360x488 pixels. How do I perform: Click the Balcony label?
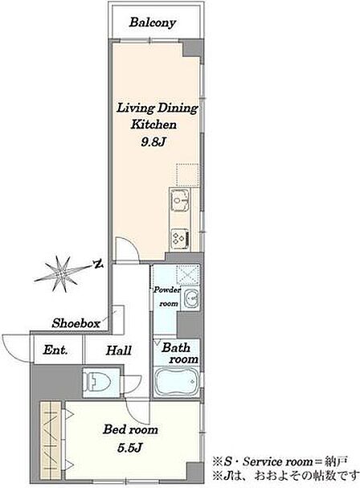click(x=153, y=23)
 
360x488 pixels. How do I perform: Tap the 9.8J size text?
click(x=153, y=142)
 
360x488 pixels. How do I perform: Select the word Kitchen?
click(x=153, y=125)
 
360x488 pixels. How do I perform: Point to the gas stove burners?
click(x=180, y=239)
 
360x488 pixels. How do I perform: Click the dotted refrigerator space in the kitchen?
click(x=188, y=174)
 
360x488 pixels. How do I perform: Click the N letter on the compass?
click(x=99, y=265)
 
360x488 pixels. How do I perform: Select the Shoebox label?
click(x=76, y=323)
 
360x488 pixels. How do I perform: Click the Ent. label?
click(x=55, y=351)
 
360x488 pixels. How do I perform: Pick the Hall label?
click(x=119, y=351)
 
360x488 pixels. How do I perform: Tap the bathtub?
click(x=177, y=381)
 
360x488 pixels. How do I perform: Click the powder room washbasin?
click(x=190, y=299)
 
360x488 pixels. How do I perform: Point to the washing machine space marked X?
click(x=188, y=274)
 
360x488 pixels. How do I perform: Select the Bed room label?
click(x=130, y=430)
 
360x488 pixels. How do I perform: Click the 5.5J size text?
click(x=130, y=448)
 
